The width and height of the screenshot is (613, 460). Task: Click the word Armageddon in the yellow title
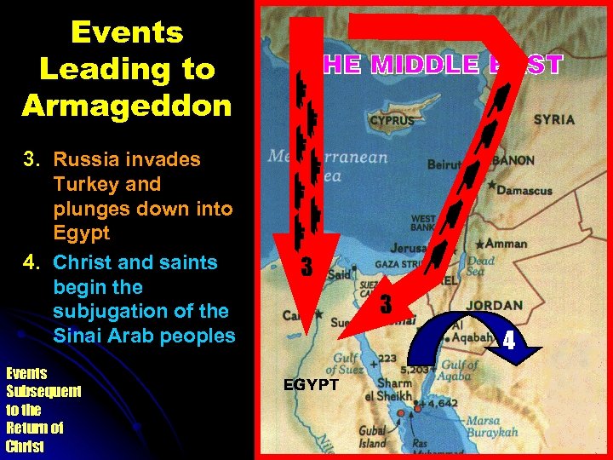coord(126,106)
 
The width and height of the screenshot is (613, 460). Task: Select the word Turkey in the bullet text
coord(82,184)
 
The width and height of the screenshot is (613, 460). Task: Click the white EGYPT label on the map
coord(312,385)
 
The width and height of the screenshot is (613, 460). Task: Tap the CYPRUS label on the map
coord(392,121)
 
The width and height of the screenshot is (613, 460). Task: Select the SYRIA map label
coord(553,120)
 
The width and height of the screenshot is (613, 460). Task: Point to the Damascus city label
coord(523,190)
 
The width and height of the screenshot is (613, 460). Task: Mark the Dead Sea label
coord(482,267)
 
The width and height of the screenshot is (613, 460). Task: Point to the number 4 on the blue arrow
coord(508,342)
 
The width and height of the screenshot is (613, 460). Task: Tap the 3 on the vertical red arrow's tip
coord(307,267)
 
